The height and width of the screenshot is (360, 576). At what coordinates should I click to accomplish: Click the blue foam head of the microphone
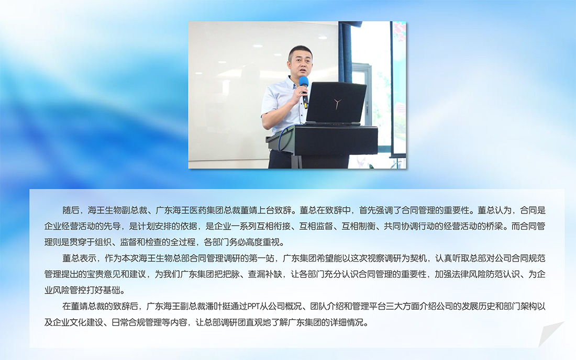coord(303,82)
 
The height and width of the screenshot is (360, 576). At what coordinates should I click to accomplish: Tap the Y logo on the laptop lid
coord(338,104)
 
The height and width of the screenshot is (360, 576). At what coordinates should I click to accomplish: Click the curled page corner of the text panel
coord(550,334)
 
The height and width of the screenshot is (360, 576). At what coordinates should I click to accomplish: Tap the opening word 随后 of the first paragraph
coord(71,210)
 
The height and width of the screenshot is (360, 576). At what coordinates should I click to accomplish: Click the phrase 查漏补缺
coord(264,274)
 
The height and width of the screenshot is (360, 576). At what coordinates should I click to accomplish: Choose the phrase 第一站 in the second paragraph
coord(261,258)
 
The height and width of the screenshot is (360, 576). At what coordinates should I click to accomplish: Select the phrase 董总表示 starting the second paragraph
coord(79,258)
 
